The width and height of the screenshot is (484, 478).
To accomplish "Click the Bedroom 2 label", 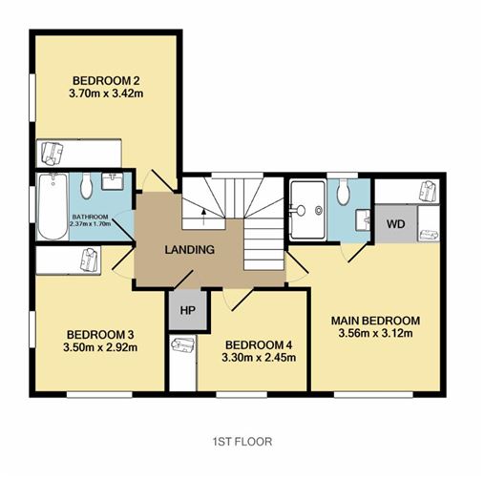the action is click(106, 80).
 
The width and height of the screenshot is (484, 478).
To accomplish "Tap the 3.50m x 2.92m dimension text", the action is click(100, 347).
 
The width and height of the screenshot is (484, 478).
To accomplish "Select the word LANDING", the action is click(190, 250).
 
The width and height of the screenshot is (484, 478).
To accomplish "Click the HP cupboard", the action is click(188, 310).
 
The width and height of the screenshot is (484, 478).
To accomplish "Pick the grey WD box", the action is click(396, 224).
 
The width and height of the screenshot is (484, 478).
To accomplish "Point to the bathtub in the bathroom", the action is click(53, 206).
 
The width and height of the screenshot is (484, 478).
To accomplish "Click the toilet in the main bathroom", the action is click(86, 186).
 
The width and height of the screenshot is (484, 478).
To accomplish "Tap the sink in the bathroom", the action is click(113, 181).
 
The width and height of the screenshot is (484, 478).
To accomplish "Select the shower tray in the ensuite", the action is click(308, 210).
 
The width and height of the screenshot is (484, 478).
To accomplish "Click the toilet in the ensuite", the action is click(343, 192).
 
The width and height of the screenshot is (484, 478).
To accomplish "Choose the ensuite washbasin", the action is click(363, 219).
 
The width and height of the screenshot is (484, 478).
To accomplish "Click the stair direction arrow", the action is click(203, 218).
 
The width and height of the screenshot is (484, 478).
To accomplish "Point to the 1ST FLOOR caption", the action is click(242, 442).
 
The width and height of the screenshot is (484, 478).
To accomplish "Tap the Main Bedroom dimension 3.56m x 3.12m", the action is click(375, 333).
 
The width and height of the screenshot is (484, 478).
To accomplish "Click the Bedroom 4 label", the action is click(259, 344).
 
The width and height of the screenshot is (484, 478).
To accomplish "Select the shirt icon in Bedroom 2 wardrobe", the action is click(53, 154).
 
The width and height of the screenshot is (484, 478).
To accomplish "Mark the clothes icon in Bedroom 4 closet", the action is click(182, 344).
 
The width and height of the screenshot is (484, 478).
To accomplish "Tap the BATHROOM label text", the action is click(91, 217).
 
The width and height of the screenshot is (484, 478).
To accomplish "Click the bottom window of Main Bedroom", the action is click(373, 395).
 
